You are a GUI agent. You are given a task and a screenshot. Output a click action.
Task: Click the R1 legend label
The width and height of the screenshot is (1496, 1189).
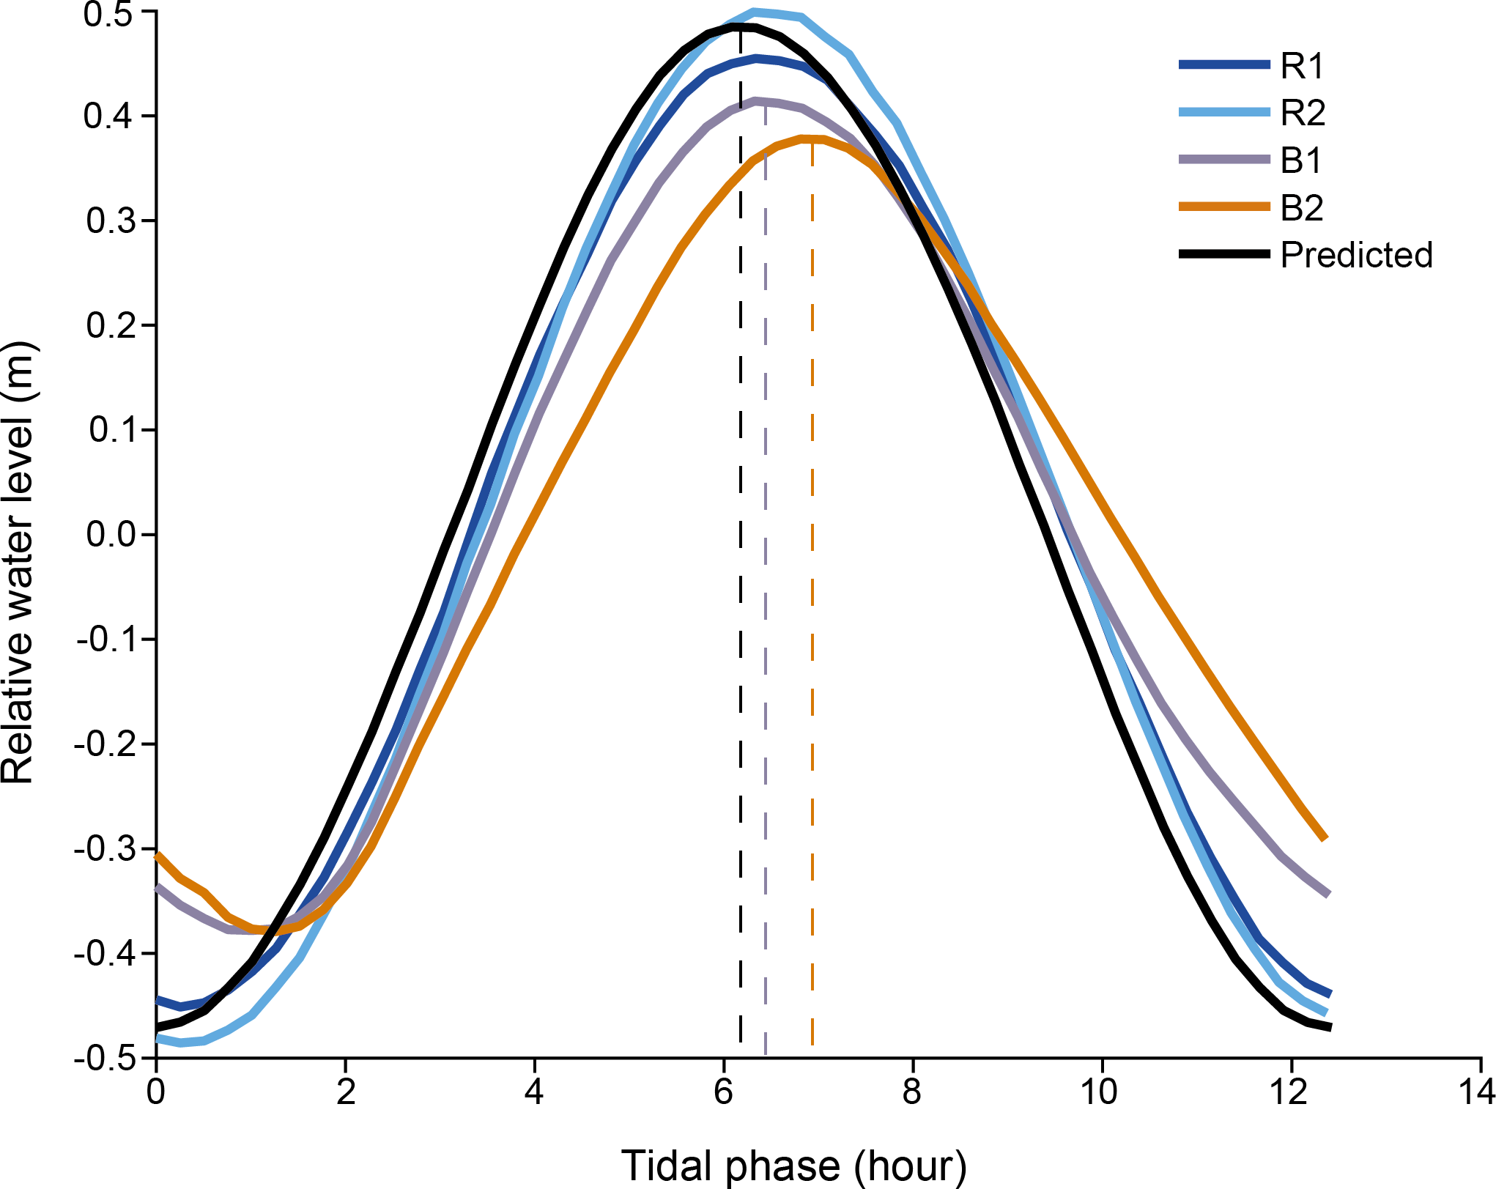click(1302, 66)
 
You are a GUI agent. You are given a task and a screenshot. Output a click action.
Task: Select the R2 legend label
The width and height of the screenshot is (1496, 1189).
click(1303, 113)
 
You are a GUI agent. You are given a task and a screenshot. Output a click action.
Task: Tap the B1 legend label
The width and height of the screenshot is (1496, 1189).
click(1301, 160)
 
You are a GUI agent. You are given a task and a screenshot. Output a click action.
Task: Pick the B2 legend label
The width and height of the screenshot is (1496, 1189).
click(1302, 208)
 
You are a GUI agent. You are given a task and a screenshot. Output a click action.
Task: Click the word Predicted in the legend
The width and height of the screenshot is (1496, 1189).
click(1356, 255)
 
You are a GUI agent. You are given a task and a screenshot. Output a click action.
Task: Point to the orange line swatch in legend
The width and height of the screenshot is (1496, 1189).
click(1223, 207)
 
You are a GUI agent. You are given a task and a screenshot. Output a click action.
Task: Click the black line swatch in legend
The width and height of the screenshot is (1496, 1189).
click(1223, 254)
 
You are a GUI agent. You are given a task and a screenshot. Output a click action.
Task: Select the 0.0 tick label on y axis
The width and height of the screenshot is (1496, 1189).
click(111, 534)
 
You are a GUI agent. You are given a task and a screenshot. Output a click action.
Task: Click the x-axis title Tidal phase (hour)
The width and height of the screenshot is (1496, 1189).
click(794, 1166)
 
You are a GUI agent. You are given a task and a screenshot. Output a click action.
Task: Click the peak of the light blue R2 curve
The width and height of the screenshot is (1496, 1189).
click(755, 12)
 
